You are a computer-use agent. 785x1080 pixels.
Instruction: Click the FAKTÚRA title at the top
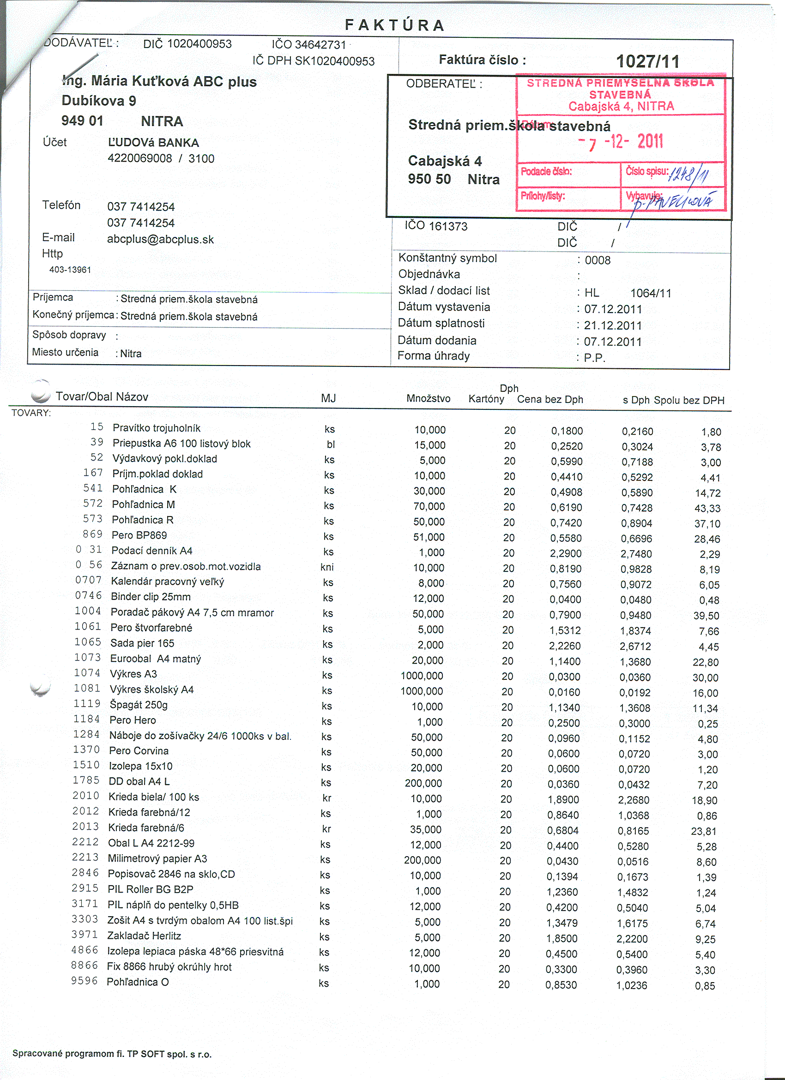click(x=395, y=25)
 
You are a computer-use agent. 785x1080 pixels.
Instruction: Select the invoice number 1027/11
click(x=648, y=61)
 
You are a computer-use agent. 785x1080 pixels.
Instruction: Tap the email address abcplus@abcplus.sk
click(x=161, y=240)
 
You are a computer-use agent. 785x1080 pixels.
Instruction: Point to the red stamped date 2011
click(x=650, y=141)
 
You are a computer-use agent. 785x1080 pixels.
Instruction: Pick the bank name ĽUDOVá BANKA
click(x=153, y=143)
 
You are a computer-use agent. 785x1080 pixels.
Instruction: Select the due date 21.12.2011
click(x=613, y=326)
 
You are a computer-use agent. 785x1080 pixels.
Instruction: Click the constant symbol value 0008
click(x=598, y=260)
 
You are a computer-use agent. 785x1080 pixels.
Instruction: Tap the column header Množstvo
click(x=428, y=399)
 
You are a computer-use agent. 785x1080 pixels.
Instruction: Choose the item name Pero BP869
click(x=139, y=535)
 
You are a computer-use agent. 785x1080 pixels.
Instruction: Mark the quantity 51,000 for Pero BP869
click(x=429, y=537)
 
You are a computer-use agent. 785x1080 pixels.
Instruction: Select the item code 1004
click(x=88, y=611)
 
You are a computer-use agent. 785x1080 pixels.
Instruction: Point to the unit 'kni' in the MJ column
click(x=327, y=567)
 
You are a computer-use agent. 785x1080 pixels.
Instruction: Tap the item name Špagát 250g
click(x=139, y=705)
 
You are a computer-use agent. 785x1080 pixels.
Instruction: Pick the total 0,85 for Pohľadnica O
click(x=705, y=986)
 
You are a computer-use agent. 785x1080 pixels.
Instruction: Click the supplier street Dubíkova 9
click(x=99, y=101)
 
